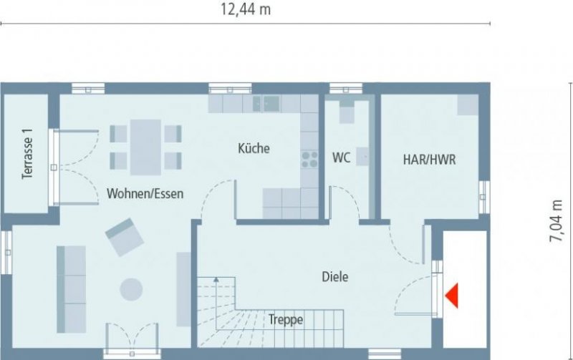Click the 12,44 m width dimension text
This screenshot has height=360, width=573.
pos(246,9)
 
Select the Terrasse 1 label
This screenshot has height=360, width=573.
pos(28,153)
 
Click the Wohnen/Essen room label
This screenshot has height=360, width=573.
pos(145,193)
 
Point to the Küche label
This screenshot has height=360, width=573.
pos(254,149)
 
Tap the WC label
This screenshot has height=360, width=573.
pos(341,158)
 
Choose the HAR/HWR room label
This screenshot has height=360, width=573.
pos(429,160)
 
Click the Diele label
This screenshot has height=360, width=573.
pos(334,276)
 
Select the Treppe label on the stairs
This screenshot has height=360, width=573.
pos(286,320)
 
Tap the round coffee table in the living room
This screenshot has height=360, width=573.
pos(131,289)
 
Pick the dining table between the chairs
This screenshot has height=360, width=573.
pos(145,146)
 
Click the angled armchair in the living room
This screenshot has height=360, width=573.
pos(124,236)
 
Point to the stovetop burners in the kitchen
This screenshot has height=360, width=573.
pos(309,160)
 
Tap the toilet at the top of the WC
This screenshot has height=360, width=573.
pos(347,113)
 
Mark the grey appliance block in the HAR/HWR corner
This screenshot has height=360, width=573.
pos(468,104)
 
